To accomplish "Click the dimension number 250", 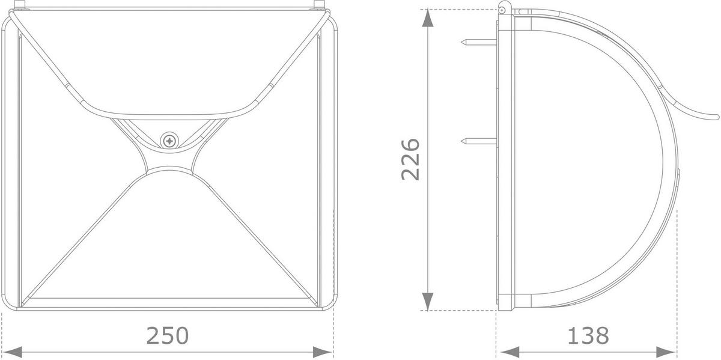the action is [168, 336].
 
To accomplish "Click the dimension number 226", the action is [411, 159].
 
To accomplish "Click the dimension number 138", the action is [588, 336].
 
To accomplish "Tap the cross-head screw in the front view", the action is [169, 141].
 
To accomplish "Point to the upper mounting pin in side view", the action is [479, 42].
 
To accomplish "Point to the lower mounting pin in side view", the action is [479, 141].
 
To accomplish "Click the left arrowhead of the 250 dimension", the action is [12, 352].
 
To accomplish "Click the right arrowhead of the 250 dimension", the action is [323, 352].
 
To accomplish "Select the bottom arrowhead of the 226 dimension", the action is [427, 301].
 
